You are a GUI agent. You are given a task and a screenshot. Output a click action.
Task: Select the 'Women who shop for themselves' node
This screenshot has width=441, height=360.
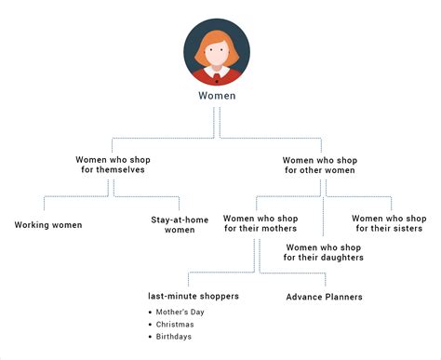pyautogui.click(x=113, y=165)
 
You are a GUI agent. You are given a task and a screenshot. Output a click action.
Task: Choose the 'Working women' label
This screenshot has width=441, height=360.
pyautogui.click(x=48, y=225)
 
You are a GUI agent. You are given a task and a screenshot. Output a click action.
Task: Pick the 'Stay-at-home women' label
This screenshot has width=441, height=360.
pyautogui.click(x=173, y=225)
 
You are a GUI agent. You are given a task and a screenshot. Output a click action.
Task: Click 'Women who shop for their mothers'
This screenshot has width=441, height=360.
pyautogui.click(x=260, y=223)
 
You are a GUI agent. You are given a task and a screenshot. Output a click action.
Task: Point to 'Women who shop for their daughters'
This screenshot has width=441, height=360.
pyautogui.click(x=324, y=252)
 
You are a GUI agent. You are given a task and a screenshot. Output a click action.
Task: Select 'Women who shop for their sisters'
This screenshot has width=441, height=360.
pyautogui.click(x=389, y=223)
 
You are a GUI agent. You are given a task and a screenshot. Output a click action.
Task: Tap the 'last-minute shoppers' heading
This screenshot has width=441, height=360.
pyautogui.click(x=194, y=296)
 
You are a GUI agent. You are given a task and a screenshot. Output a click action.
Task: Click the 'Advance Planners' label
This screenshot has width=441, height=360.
pyautogui.click(x=324, y=297)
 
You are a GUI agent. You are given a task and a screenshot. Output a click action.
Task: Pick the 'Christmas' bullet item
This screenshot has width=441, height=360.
pyautogui.click(x=181, y=324)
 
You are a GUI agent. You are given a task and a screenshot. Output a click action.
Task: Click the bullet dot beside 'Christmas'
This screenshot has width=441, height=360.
pyautogui.click(x=151, y=324)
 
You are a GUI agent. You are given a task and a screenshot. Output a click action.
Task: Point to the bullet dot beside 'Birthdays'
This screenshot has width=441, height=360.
pyautogui.click(x=151, y=337)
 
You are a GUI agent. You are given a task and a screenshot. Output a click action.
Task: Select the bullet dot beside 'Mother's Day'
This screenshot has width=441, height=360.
pyautogui.click(x=151, y=311)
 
